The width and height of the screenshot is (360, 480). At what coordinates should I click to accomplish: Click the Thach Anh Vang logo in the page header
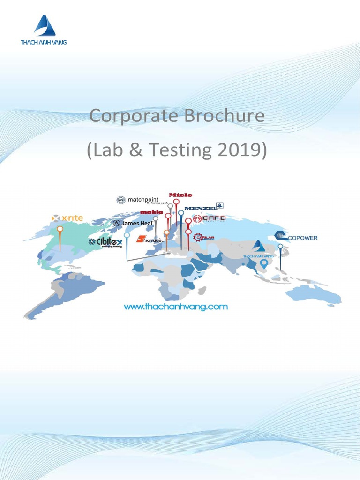click(x=44, y=30)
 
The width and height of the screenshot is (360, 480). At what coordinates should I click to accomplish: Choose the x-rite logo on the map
click(x=67, y=218)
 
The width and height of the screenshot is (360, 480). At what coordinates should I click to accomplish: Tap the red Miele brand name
click(x=180, y=195)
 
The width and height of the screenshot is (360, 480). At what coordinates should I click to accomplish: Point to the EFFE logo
click(x=210, y=218)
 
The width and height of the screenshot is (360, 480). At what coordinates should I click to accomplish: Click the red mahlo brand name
click(x=151, y=212)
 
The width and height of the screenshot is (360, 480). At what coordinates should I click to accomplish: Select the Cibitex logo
click(x=105, y=242)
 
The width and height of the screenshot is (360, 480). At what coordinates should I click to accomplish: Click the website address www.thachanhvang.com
click(x=175, y=307)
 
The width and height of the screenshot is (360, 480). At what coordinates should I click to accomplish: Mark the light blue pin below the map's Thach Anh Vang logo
click(x=264, y=264)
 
